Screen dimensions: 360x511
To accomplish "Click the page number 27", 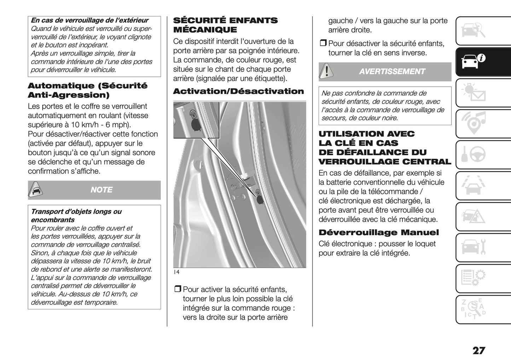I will [478, 350].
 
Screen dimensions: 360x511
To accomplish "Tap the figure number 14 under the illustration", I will [176, 272].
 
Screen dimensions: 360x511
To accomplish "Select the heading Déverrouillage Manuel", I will [378, 233].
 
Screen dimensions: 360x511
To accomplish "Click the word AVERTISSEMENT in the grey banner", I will [392, 72].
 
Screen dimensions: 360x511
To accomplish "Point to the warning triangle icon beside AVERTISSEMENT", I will [326, 72].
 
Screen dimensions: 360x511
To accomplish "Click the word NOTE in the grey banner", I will [101, 190].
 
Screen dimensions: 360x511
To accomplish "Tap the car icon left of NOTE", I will [36, 190].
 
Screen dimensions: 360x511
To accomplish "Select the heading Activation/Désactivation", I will [238, 92].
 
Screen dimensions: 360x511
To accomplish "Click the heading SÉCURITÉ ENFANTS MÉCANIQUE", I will [225, 25].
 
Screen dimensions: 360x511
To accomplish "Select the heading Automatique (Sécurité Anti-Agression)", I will [87, 90].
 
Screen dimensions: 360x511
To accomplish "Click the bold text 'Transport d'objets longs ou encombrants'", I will [76, 216].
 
